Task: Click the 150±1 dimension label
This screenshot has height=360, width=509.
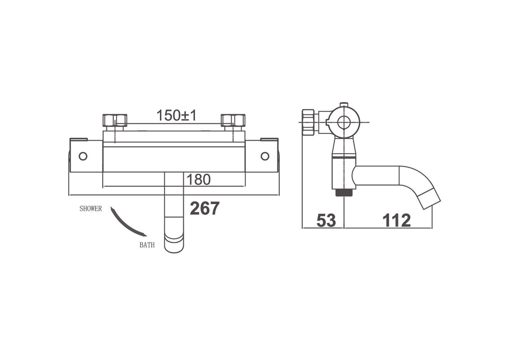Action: pos(177,115)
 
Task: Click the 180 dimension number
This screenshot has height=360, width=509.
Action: pos(199,180)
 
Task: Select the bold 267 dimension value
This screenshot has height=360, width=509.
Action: pos(205,208)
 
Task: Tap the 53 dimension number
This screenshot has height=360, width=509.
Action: pos(326,221)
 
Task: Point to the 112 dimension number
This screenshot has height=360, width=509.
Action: pos(397,221)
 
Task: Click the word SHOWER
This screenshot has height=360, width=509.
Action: pos(91,209)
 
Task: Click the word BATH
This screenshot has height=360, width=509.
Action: pos(147,245)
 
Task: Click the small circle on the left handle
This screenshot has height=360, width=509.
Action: pos(83,156)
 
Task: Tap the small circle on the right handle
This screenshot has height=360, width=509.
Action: pos(265,156)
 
